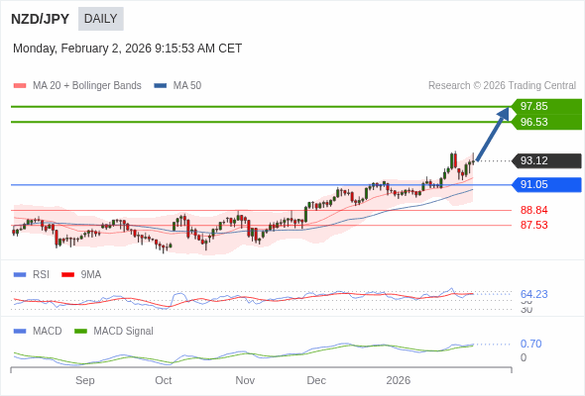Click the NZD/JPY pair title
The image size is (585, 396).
[41, 19]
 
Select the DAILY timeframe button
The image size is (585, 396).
[100, 19]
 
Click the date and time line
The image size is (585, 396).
[127, 49]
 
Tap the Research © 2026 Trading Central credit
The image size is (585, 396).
[502, 86]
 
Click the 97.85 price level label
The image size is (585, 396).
[534, 107]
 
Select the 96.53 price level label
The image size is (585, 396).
[534, 122]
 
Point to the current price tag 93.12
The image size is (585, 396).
[534, 160]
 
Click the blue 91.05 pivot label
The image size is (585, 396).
[534, 184]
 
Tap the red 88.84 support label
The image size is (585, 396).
[534, 210]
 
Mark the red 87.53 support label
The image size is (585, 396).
[534, 225]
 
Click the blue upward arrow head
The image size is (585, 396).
[504, 113]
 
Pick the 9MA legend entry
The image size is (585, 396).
[90, 274]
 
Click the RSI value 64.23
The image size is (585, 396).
[534, 294]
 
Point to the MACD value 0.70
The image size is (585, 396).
[530, 344]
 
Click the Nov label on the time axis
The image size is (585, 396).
[245, 380]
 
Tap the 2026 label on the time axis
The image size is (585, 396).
[398, 380]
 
